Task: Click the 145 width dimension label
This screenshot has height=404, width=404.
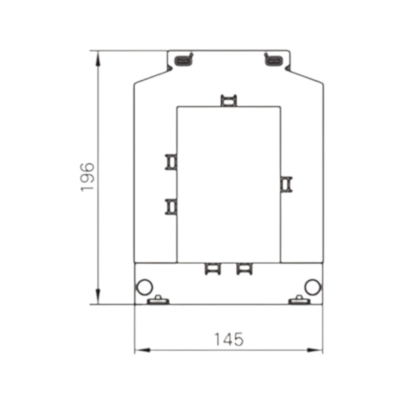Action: [229, 339]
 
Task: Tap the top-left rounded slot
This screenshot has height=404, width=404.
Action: [183, 61]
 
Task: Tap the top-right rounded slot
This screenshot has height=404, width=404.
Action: [273, 61]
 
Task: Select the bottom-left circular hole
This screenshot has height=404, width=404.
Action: [144, 287]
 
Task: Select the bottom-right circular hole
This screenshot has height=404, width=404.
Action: [313, 287]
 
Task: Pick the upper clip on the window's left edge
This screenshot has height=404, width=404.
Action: [171, 162]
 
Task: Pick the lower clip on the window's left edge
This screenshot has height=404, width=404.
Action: [171, 207]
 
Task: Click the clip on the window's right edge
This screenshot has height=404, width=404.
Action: [286, 185]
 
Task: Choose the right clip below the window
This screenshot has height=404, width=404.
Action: [244, 269]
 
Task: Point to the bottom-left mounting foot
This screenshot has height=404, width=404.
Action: [158, 301]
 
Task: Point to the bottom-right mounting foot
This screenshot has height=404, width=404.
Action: [299, 301]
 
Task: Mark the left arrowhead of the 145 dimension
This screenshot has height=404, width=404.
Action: [143, 350]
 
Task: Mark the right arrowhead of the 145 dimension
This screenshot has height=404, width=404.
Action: [315, 350]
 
